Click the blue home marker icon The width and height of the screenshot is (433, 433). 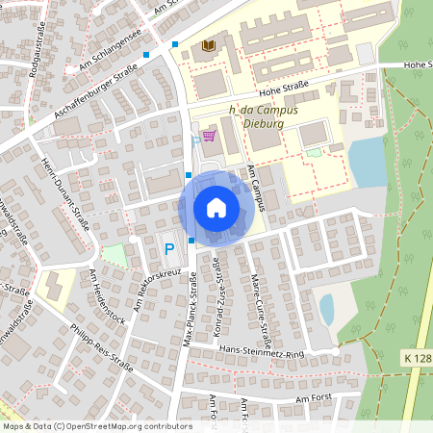pos(216,208)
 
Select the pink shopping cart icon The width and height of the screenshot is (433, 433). pos(209,136)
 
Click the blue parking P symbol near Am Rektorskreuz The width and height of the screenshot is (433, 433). pos(169,249)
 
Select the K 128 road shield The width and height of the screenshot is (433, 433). pos(417,357)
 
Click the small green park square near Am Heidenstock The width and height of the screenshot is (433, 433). pos(115,256)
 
